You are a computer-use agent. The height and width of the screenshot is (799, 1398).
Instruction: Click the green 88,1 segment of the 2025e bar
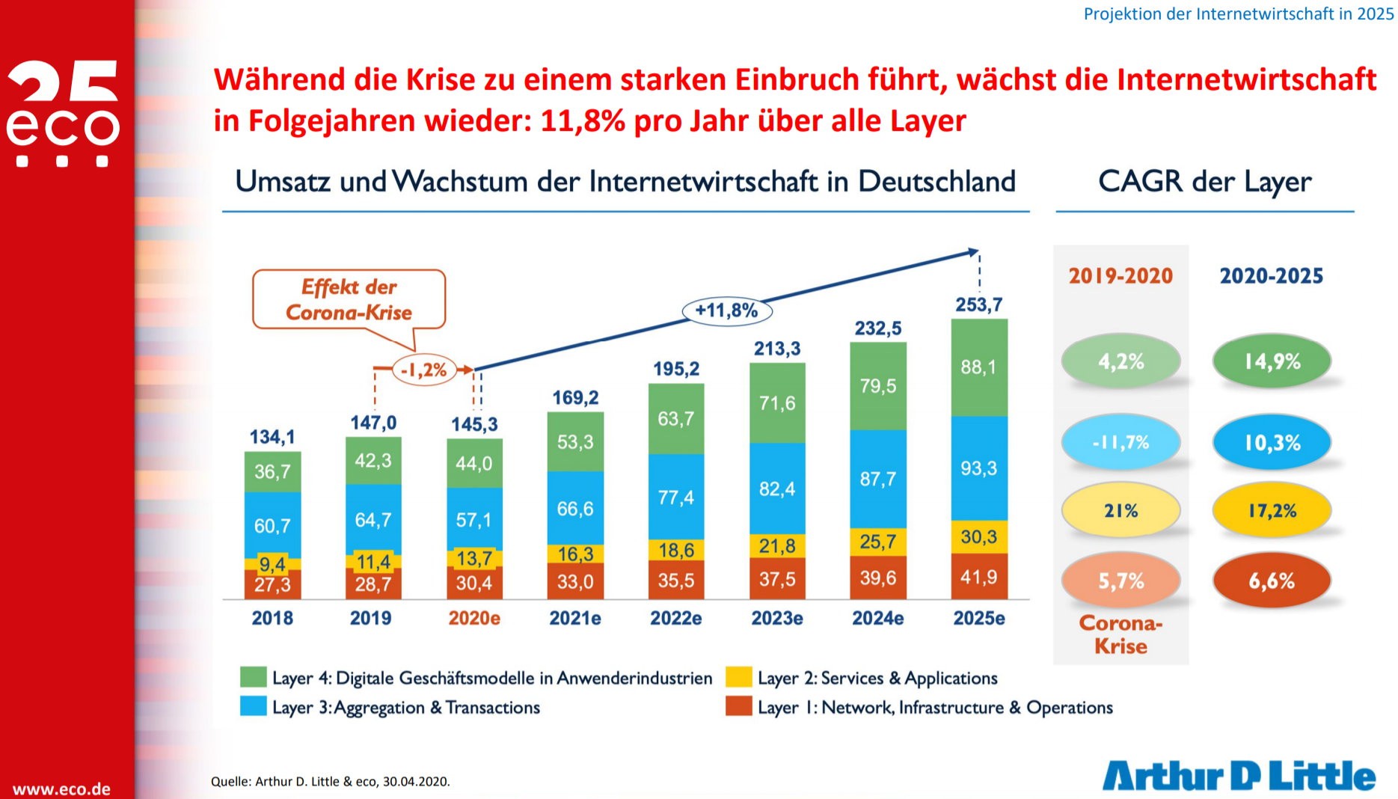[x=979, y=367]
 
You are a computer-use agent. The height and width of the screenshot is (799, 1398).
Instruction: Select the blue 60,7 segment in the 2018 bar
[x=272, y=525]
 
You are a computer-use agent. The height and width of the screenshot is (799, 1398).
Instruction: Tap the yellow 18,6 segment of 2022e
[x=676, y=550]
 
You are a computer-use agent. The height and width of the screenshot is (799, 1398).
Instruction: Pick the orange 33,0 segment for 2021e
[x=575, y=581]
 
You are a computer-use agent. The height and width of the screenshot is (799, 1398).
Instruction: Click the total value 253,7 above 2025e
[x=978, y=304]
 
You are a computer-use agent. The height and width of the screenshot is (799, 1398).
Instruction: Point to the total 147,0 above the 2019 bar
[x=373, y=423]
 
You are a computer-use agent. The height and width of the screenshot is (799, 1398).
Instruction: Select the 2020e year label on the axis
[x=474, y=618]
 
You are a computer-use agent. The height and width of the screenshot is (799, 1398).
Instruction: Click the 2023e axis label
[x=777, y=618]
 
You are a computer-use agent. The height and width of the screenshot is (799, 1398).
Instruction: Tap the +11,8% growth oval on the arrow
[x=726, y=310]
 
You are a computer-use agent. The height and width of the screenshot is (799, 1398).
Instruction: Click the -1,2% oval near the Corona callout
[x=424, y=370]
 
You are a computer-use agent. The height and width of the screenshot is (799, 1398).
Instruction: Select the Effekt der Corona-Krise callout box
[x=349, y=299]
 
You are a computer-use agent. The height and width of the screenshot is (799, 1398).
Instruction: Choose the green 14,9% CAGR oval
[x=1272, y=361]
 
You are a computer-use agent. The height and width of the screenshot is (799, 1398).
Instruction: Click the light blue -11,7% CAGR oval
[x=1120, y=442]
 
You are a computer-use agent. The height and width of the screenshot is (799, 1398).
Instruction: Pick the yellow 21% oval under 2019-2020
[x=1120, y=511]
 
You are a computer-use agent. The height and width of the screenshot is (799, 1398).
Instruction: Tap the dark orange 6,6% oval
[x=1272, y=581]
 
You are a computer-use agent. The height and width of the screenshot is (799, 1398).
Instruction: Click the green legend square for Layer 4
[x=254, y=677]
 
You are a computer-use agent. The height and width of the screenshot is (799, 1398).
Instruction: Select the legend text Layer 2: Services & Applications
[x=877, y=678]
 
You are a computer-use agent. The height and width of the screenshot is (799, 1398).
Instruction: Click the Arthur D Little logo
[x=1239, y=776]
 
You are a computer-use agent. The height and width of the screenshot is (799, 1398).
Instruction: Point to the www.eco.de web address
[x=61, y=789]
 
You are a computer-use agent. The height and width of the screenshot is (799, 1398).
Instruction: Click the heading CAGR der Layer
[x=1204, y=182]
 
